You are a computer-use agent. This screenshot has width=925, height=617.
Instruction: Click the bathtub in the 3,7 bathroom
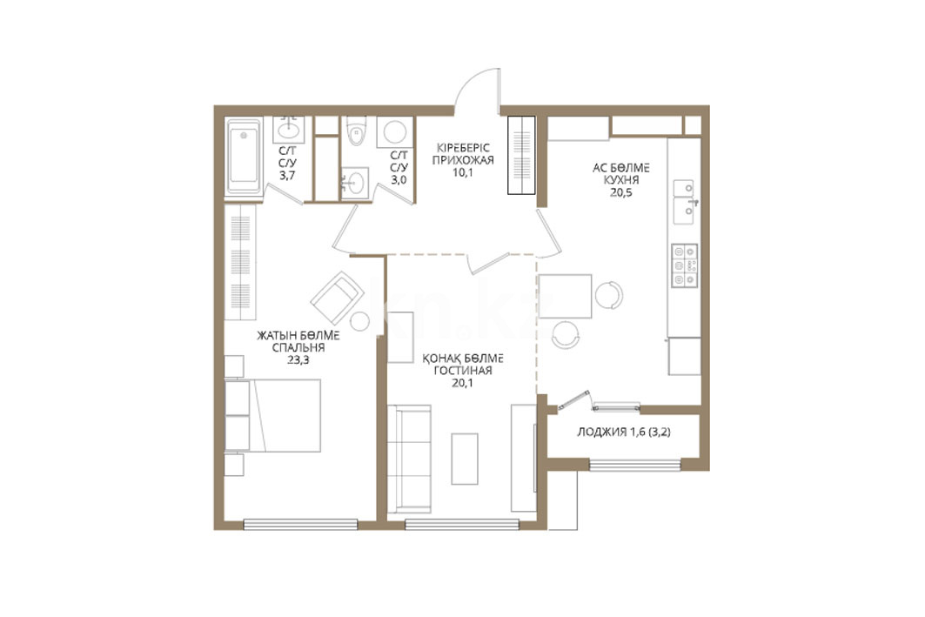244,156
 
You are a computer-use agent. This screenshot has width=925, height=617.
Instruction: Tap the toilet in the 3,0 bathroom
357,131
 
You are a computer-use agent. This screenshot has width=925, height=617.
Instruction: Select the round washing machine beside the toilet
395,131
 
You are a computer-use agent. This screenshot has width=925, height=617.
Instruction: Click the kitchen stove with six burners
684,265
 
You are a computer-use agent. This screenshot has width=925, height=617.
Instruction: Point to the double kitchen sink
684,202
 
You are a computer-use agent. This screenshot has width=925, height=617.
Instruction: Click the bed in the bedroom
273,415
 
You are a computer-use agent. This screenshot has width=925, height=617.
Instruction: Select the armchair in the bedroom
336,298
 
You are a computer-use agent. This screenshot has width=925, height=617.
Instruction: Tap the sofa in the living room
409,459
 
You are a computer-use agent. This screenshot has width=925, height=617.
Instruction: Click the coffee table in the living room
465,459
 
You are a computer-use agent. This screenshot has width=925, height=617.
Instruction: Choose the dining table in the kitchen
565,296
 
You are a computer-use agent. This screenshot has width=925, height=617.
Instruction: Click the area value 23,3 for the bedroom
298,359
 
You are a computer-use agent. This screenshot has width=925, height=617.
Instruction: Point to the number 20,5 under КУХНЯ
620,192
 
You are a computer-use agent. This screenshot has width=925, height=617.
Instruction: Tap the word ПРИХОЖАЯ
463,159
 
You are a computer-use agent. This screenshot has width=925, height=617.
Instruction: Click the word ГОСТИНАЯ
463,371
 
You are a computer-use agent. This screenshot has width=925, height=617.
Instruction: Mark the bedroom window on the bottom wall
301,524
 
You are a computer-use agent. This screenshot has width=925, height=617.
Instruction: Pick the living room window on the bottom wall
462,524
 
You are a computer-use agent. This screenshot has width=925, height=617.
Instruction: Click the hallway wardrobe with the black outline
521,155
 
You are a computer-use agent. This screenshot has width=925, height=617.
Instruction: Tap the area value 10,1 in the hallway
463,172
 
